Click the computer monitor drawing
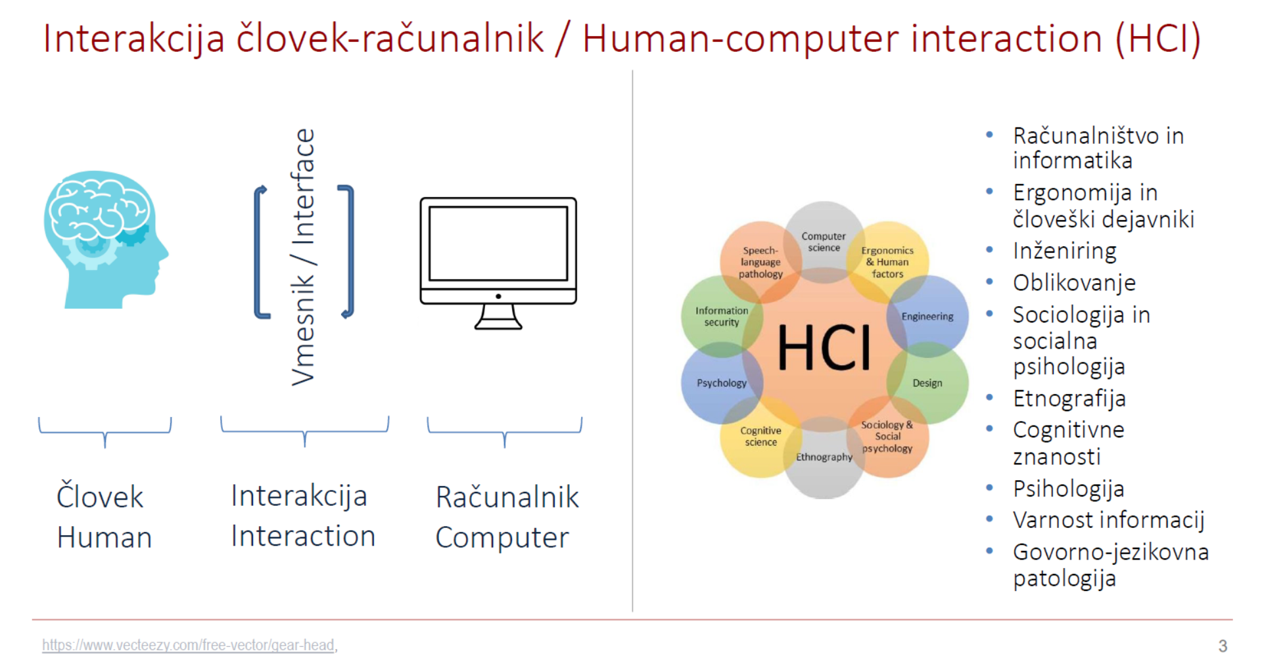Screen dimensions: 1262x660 pos(498,263)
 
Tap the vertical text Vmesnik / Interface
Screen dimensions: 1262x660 pos(303,257)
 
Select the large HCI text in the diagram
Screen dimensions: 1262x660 pos(824,347)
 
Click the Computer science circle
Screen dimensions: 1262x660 pos(824,242)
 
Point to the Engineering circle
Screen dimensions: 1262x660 pos(927,316)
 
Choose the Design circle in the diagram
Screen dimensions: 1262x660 pos(927,383)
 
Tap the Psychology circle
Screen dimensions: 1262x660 pos(722,383)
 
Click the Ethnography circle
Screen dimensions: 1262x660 pos(824,457)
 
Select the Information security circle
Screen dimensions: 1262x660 pos(722,316)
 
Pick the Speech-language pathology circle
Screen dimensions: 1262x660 pos(760,262)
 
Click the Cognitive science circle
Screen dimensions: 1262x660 pos(760,436)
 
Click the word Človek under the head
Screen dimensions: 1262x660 pos(100,496)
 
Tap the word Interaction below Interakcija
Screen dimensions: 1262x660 pos(303,536)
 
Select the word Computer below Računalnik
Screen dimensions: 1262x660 pos(502,538)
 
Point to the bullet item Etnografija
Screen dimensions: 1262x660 pos(1069,399)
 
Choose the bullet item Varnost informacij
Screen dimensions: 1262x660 pos(1109,520)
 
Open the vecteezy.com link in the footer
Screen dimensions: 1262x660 pos(188,645)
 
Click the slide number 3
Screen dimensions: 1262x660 pos(1223,646)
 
